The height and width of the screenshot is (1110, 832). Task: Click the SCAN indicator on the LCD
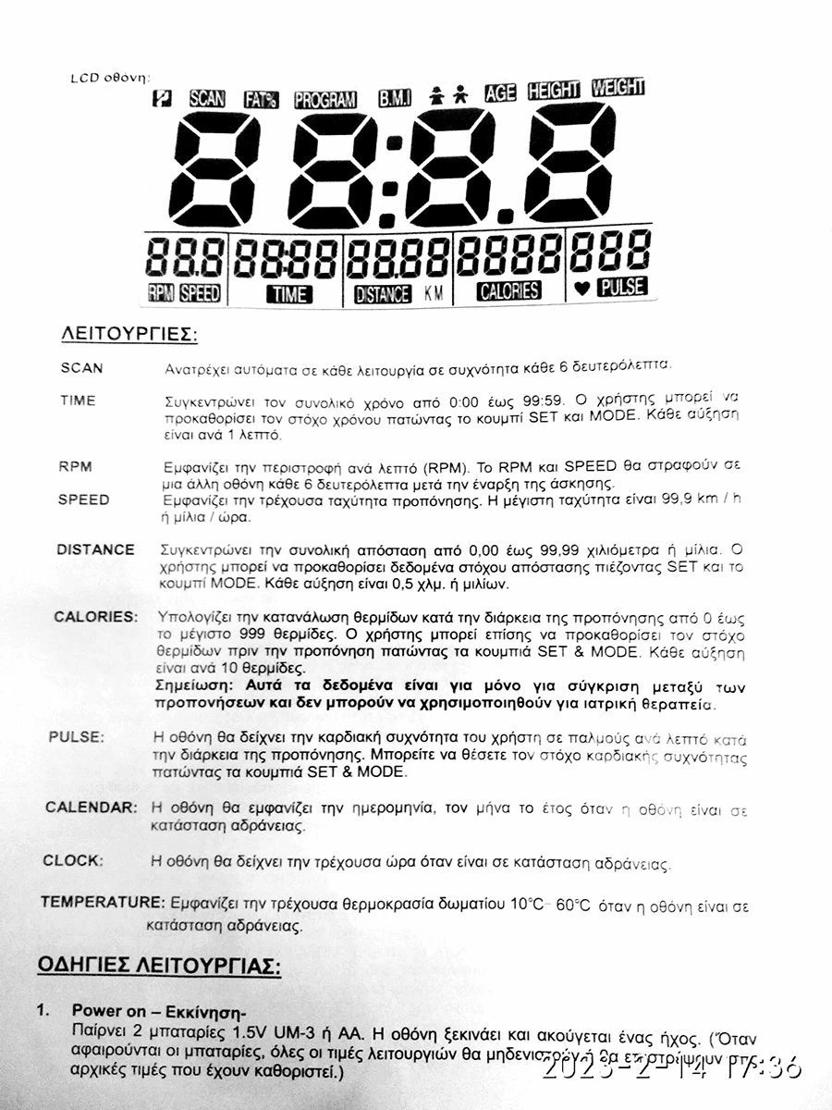click(206, 97)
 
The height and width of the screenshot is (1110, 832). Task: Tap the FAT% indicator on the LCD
click(261, 98)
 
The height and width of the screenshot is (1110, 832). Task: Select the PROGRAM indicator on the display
click(325, 98)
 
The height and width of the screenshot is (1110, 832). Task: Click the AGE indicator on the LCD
click(499, 92)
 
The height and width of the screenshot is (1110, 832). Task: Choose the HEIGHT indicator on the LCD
click(553, 90)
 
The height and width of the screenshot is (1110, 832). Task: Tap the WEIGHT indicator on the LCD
click(618, 88)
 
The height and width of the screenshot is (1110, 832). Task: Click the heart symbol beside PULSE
click(581, 289)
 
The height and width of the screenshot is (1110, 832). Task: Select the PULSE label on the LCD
click(622, 287)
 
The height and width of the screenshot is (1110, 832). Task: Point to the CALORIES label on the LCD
click(508, 290)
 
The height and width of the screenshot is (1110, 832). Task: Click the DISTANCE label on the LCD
click(382, 294)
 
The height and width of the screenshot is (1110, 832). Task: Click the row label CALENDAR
click(92, 807)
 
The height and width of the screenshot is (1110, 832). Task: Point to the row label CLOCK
click(73, 860)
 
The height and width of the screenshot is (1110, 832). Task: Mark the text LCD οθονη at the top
click(109, 78)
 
